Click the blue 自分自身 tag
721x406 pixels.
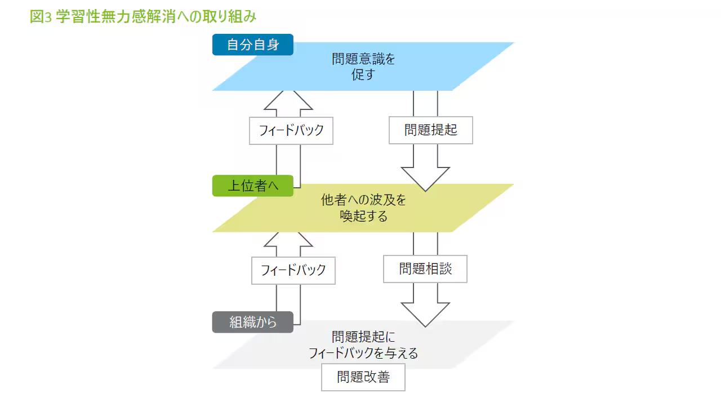click(x=253, y=45)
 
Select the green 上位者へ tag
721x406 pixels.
click(x=253, y=186)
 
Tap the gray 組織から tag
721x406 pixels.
click(x=253, y=322)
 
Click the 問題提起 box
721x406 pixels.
click(x=431, y=130)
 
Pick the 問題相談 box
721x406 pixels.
click(x=425, y=269)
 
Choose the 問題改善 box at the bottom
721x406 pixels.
click(x=363, y=377)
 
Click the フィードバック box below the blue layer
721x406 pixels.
click(x=291, y=130)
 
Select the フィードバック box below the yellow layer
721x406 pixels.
click(x=293, y=270)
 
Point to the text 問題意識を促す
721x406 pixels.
click(x=363, y=67)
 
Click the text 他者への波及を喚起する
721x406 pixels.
click(x=363, y=208)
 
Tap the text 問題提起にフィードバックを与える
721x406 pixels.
click(x=363, y=345)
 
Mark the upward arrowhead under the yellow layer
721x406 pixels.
click(x=288, y=240)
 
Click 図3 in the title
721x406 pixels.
click(x=41, y=17)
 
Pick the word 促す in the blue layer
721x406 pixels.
click(x=363, y=74)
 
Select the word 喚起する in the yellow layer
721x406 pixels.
click(x=364, y=215)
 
